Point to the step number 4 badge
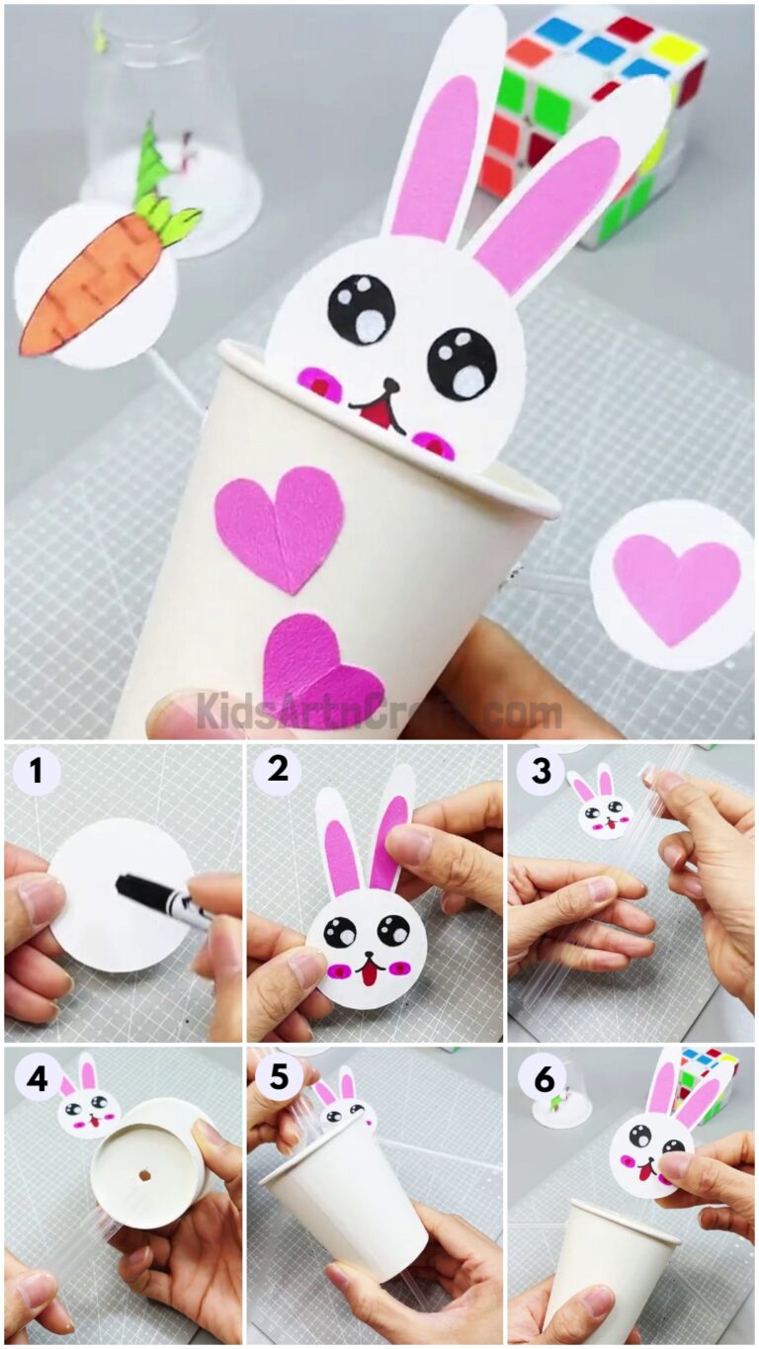37,1078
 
